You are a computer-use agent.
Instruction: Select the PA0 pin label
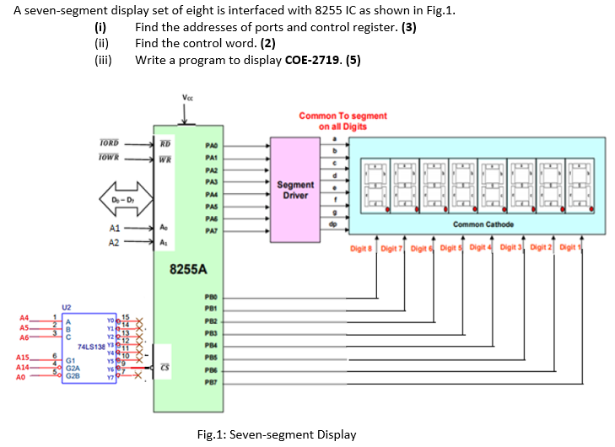click(x=211, y=146)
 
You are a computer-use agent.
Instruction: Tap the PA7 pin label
click(x=211, y=229)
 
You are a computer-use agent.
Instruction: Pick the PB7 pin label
click(x=211, y=381)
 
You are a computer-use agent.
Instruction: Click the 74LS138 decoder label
click(x=92, y=346)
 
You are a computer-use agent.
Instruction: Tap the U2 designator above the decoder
click(x=66, y=308)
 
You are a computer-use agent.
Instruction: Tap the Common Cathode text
click(x=479, y=223)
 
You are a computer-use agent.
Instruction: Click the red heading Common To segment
click(x=343, y=116)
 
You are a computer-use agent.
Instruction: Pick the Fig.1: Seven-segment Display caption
click(x=276, y=434)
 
